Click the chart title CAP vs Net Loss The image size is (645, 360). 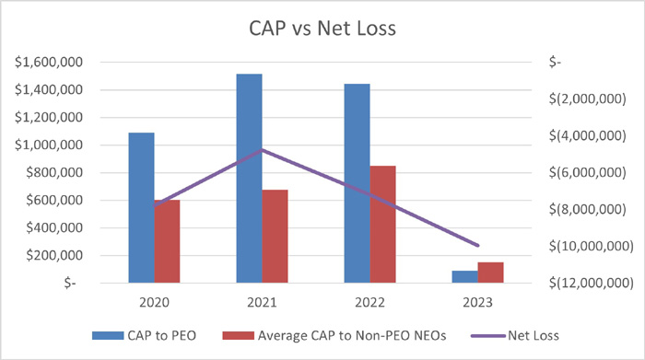click(322, 29)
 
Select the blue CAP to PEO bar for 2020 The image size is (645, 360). click(141, 207)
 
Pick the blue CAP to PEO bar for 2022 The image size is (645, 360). click(357, 183)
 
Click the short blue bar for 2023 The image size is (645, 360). click(465, 276)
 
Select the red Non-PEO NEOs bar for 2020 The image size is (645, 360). click(167, 241)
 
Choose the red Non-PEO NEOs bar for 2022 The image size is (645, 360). click(382, 224)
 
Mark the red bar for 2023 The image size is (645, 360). click(491, 273)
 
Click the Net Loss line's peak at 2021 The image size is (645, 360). click(263, 149)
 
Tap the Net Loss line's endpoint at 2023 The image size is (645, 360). click(478, 246)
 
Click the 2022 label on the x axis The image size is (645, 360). click(370, 301)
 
